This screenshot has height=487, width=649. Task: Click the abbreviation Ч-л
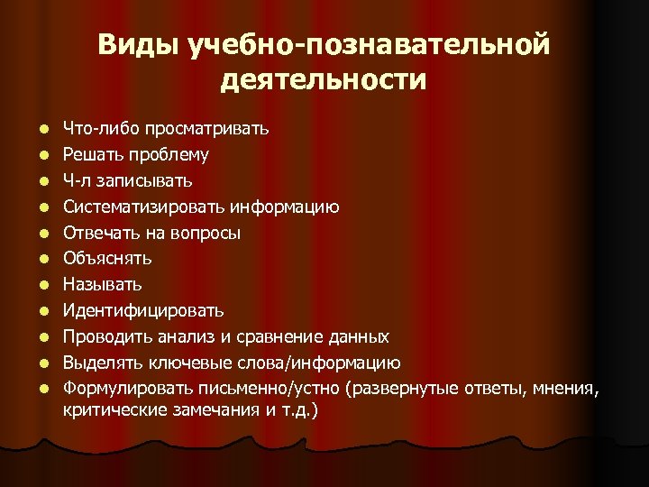(75, 180)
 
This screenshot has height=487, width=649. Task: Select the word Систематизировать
(144, 207)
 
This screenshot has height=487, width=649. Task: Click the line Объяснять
(107, 259)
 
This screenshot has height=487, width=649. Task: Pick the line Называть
(102, 285)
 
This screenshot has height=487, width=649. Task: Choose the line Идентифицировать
(143, 311)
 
